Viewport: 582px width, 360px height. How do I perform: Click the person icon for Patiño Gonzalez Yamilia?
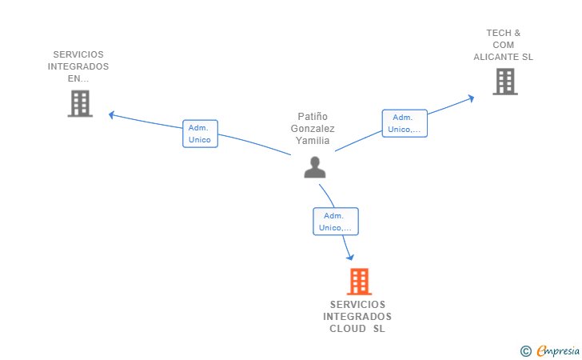315,167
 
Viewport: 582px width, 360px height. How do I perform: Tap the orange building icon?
359,282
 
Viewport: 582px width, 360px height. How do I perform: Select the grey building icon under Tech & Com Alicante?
504,82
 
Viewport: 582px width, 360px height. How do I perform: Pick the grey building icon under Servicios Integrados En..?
80,103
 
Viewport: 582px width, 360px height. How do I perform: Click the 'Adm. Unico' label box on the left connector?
200,134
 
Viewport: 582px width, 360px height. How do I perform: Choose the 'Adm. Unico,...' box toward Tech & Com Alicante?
405,123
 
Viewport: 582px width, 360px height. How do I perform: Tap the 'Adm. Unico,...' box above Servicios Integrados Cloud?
335,222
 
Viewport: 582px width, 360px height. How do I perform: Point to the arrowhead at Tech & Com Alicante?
472,98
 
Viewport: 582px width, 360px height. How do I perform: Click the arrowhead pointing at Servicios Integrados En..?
112,114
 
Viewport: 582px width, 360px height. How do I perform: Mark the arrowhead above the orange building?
349,257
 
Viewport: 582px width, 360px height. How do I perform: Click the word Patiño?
313,117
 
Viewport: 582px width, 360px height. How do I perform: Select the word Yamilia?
313,141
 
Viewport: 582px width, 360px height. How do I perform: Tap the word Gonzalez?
313,129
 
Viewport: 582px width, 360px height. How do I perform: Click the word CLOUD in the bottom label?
348,329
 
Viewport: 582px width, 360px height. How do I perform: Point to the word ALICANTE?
496,57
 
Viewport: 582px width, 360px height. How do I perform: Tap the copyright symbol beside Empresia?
525,350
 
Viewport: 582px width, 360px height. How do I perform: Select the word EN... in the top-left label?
78,79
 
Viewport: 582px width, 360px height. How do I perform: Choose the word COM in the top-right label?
504,45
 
